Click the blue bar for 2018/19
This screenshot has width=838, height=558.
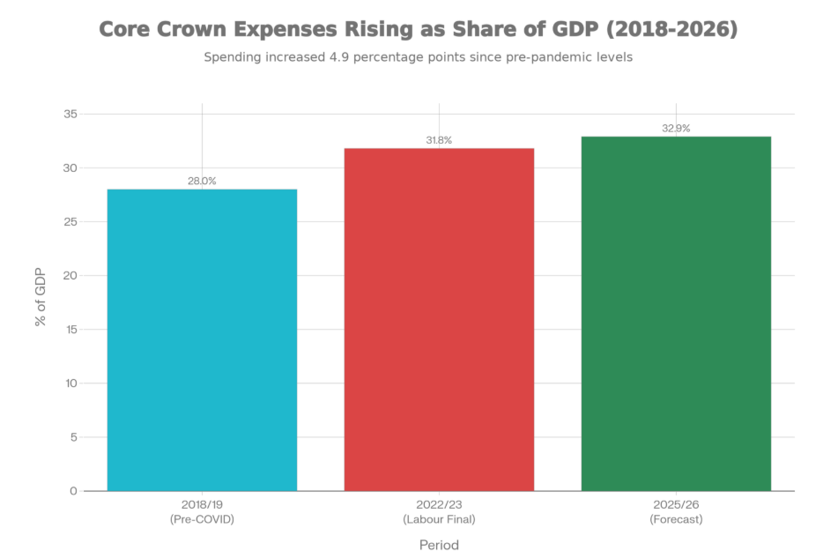click(203, 339)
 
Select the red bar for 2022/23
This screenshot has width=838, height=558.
click(439, 318)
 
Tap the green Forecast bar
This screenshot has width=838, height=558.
click(676, 313)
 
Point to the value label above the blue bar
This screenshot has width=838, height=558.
click(203, 181)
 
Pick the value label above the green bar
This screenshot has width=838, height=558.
click(676, 128)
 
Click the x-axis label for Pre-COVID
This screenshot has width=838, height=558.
click(203, 513)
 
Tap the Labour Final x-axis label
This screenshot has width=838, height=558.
click(439, 513)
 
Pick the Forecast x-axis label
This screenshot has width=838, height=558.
click(676, 513)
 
